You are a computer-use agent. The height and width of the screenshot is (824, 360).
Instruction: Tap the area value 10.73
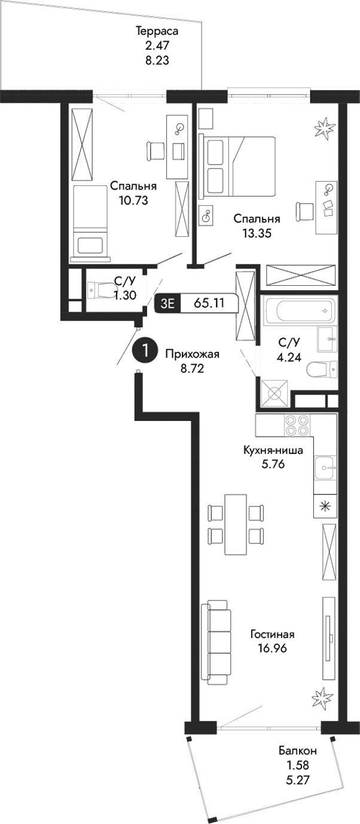[133, 200]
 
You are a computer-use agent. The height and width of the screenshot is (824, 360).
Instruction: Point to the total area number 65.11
[209, 303]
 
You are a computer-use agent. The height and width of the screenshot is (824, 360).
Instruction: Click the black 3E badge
[167, 303]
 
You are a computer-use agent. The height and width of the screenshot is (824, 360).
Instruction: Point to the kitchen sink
[325, 464]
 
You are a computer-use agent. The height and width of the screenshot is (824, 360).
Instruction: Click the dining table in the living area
[235, 524]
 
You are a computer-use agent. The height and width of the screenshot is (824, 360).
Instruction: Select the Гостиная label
[272, 634]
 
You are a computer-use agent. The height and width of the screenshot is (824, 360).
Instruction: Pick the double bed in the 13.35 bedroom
[239, 166]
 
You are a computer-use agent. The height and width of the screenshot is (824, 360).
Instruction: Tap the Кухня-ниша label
[277, 450]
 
